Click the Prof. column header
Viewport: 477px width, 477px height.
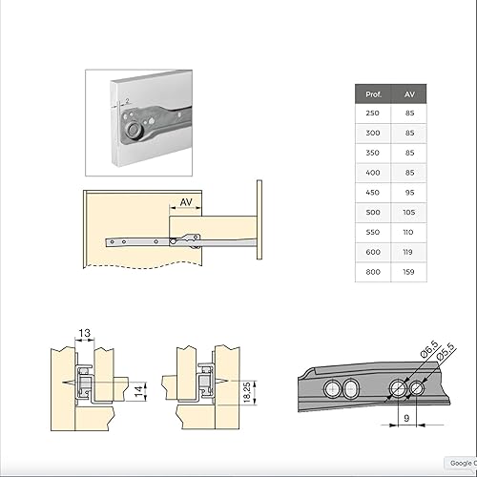point(373,94)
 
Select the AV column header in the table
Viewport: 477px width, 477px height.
point(408,94)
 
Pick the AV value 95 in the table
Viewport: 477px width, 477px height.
point(408,193)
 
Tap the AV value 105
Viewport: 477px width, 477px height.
point(408,212)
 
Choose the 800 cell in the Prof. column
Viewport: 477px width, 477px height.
point(373,271)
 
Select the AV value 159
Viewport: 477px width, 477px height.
point(408,271)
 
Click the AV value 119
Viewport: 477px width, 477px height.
point(408,251)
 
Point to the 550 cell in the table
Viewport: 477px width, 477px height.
point(373,232)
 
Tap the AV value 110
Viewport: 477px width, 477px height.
point(408,232)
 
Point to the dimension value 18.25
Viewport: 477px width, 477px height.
point(246,391)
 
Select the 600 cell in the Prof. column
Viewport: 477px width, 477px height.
point(373,251)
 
